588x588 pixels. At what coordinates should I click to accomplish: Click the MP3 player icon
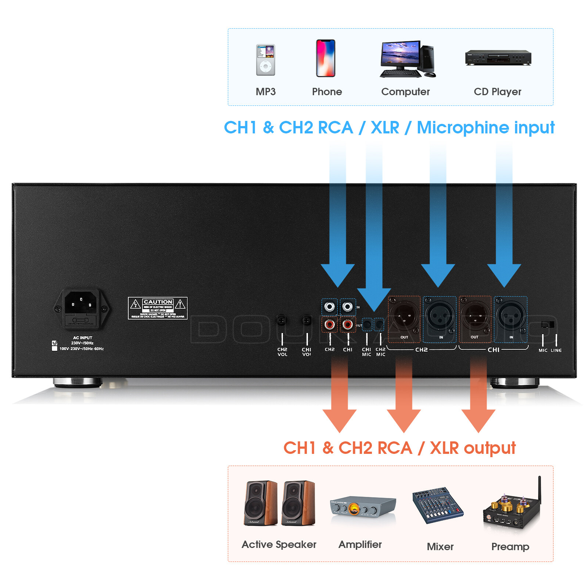pos(265,60)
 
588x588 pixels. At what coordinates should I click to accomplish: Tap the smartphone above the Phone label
pos(326,58)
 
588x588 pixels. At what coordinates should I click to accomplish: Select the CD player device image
pos(498,58)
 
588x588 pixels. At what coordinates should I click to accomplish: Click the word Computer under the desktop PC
pos(405,92)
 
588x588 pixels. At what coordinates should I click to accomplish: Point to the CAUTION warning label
pos(158,308)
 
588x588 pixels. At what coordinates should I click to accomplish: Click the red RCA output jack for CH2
pos(330,325)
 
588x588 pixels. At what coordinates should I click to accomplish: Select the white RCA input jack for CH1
pos(348,306)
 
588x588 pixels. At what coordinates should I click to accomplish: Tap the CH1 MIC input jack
pos(367,325)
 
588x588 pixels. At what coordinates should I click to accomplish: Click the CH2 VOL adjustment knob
pos(282,320)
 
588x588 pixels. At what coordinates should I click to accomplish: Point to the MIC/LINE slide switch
pos(548,325)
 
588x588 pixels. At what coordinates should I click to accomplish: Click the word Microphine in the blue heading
pos(463,128)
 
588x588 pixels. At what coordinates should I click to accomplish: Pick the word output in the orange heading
pos(490,448)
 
